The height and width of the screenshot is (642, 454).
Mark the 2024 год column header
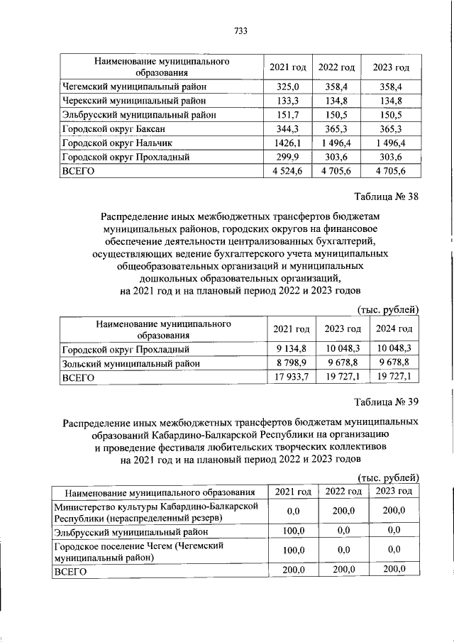(x=394, y=329)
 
